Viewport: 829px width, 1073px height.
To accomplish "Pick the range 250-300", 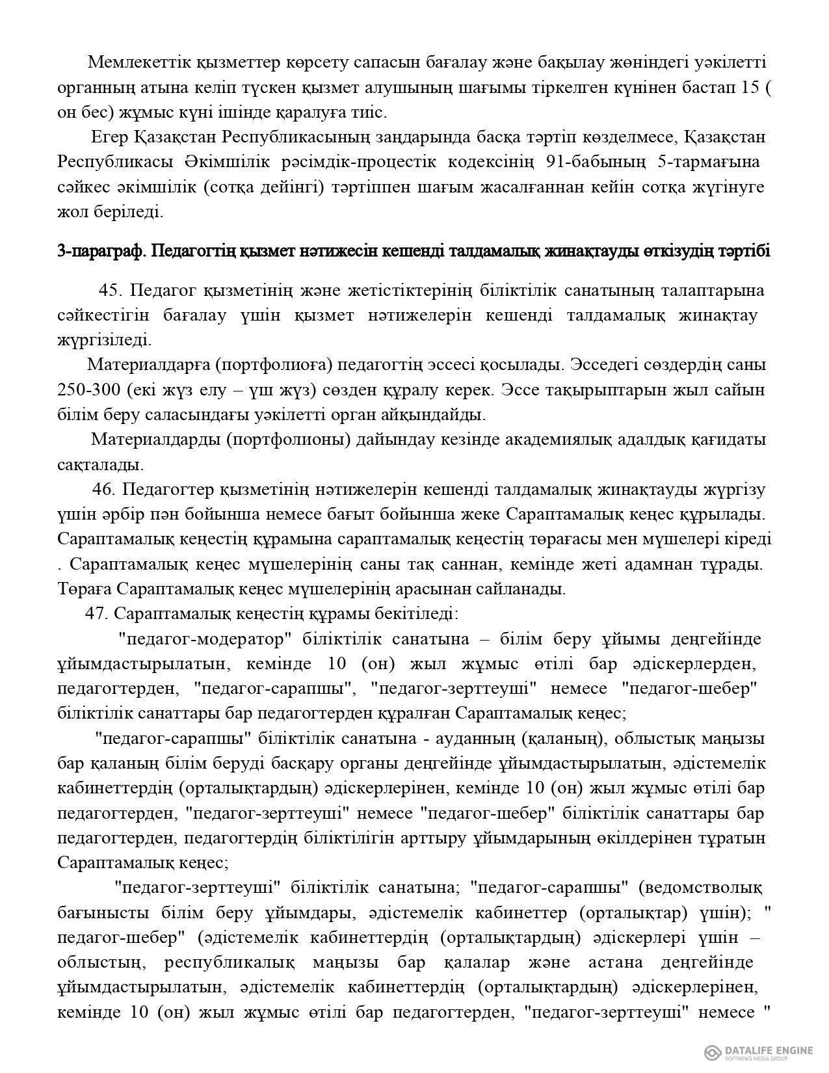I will (x=88, y=390).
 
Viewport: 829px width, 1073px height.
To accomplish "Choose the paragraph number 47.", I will (x=97, y=614).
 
